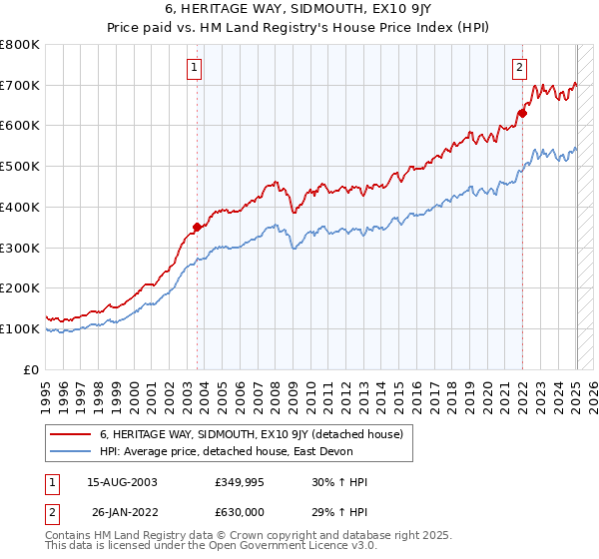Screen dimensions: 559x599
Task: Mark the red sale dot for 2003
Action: pyautogui.click(x=197, y=227)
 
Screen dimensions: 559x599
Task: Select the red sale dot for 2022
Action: pyautogui.click(x=522, y=113)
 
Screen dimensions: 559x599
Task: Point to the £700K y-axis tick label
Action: pyautogui.click(x=20, y=85)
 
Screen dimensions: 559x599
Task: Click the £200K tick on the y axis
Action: pyautogui.click(x=20, y=287)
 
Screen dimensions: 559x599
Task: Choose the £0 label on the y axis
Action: pyautogui.click(x=32, y=369)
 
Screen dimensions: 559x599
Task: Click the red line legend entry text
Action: pyautogui.click(x=251, y=434)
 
